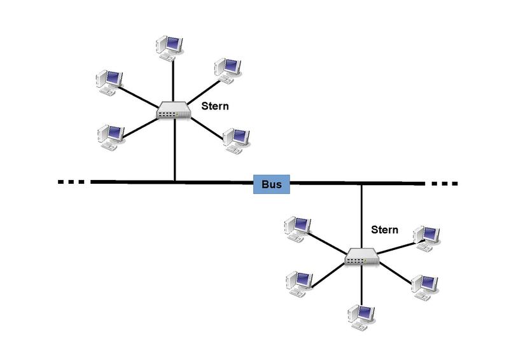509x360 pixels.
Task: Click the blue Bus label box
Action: (272, 184)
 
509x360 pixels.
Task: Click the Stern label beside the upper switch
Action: (214, 106)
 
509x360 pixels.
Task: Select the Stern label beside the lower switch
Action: (385, 230)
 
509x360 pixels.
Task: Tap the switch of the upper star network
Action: (174, 112)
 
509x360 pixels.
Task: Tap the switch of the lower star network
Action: (362, 258)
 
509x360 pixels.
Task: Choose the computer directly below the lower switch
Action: (360, 315)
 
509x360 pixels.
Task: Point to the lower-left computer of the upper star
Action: (110, 136)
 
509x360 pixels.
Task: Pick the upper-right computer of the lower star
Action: (427, 235)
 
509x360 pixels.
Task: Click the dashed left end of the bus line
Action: (71, 182)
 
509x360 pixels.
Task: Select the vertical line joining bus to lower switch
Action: (361, 216)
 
